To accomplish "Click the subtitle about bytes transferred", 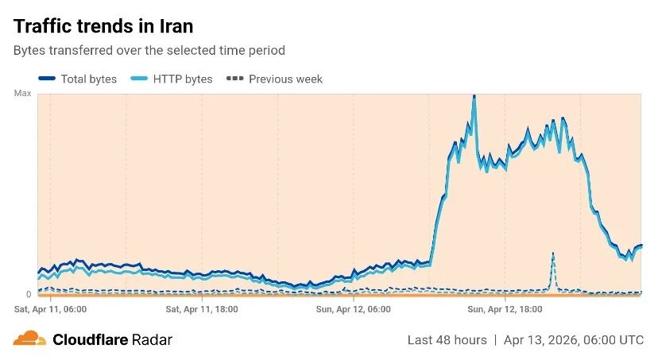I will pyautogui.click(x=149, y=50).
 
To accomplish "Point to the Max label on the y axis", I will pyautogui.click(x=23, y=94).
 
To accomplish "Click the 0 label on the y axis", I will pyautogui.click(x=29, y=295).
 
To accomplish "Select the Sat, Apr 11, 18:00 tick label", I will pyautogui.click(x=201, y=308).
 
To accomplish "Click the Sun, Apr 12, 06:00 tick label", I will pyautogui.click(x=353, y=308).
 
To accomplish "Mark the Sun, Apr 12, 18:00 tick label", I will pyautogui.click(x=505, y=308).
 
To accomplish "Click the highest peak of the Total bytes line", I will pyautogui.click(x=474, y=97).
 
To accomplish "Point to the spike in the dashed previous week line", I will pyautogui.click(x=553, y=255).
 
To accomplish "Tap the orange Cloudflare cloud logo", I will pyautogui.click(x=29, y=339).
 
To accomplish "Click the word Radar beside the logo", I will pyautogui.click(x=152, y=340).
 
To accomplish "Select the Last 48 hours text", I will pyautogui.click(x=447, y=340).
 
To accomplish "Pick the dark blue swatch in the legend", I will pyautogui.click(x=47, y=79).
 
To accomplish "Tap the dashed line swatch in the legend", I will pyautogui.click(x=234, y=79).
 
